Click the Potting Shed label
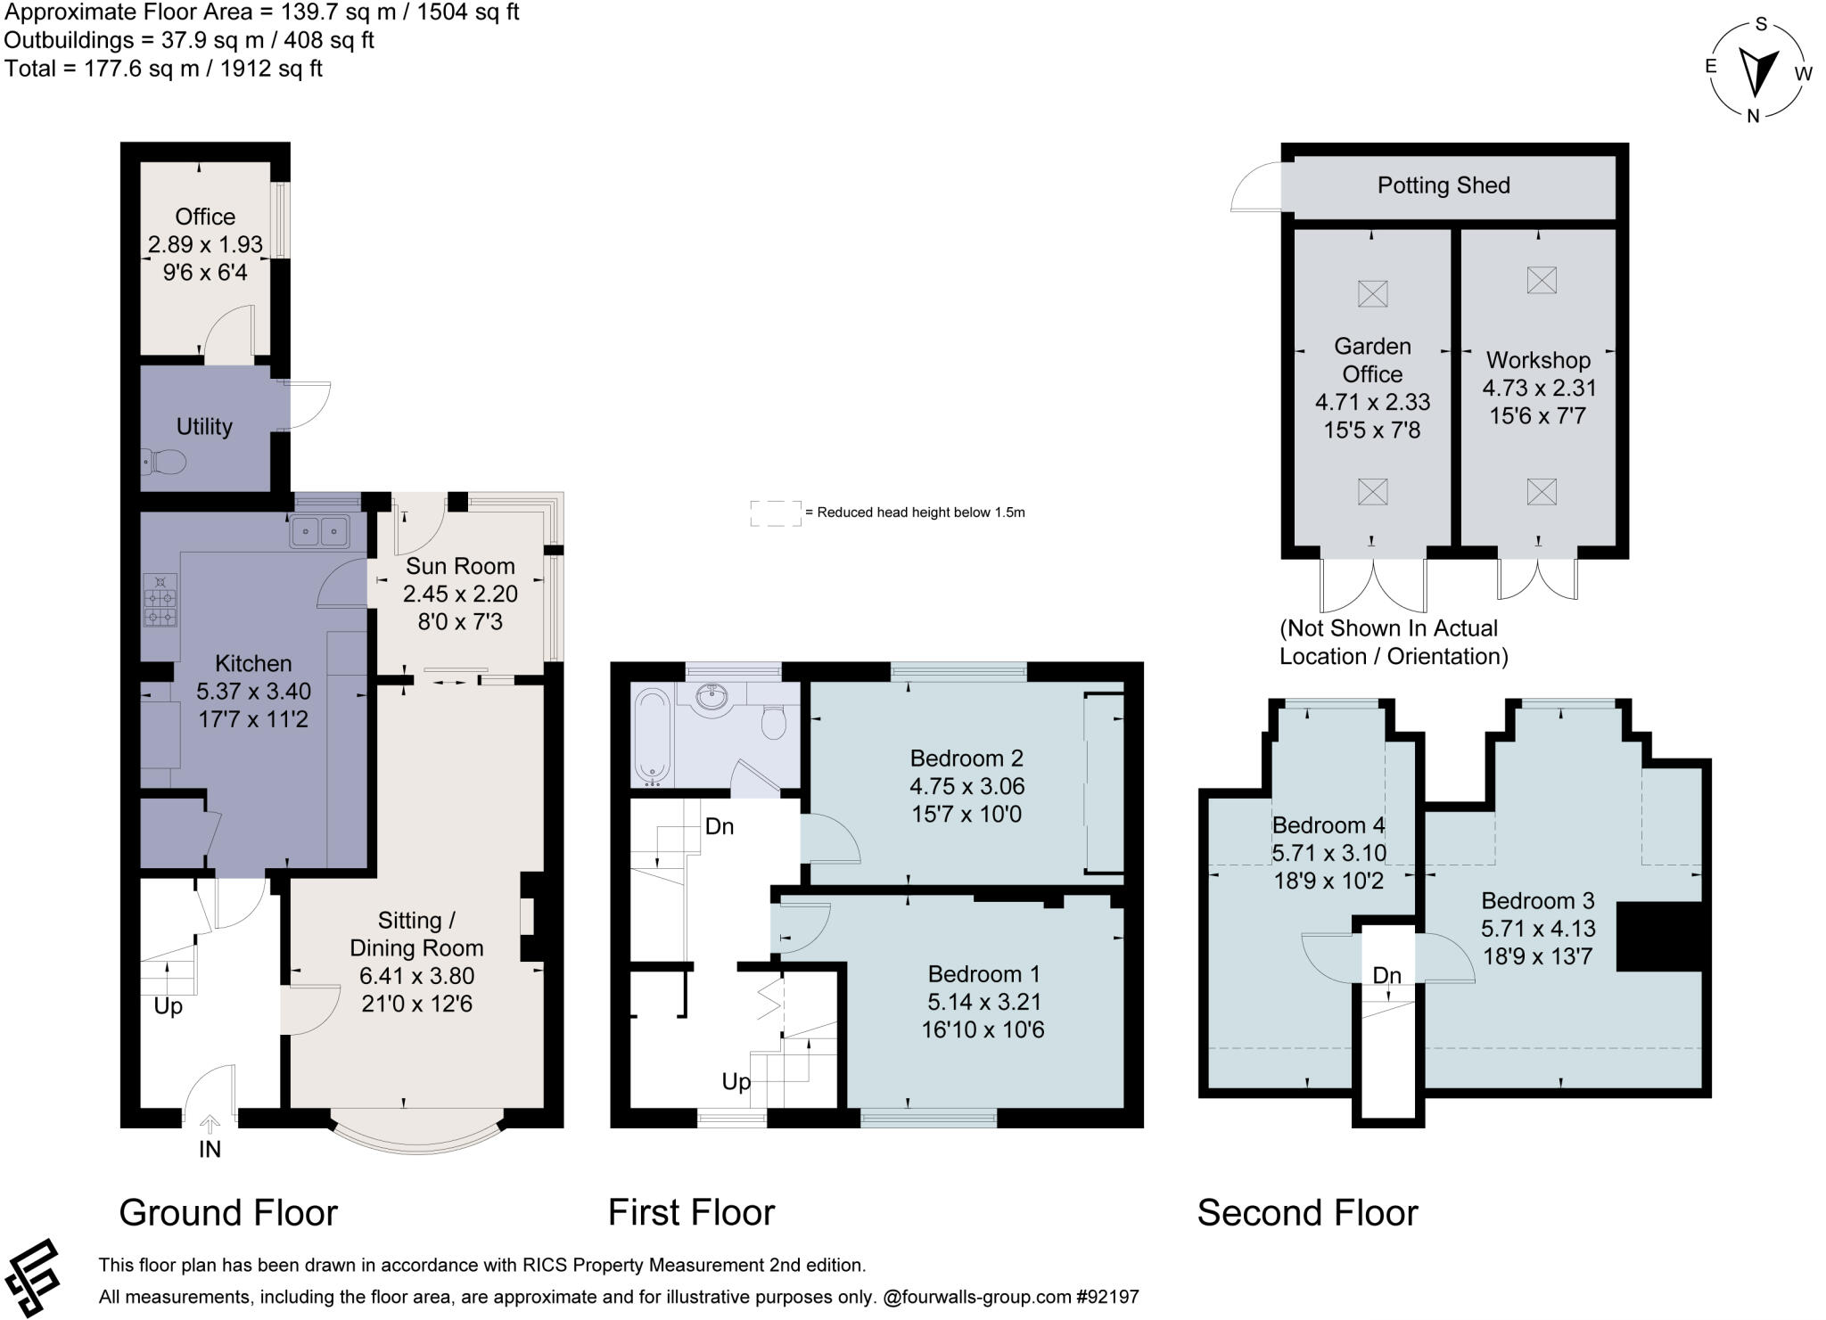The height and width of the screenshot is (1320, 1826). click(x=1444, y=185)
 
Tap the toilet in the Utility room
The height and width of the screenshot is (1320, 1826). click(x=162, y=462)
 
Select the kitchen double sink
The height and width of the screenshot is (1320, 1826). click(x=319, y=531)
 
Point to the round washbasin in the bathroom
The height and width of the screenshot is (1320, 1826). click(x=711, y=698)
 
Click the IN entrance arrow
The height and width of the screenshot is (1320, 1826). click(x=210, y=1126)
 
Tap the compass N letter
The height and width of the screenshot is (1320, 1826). click(x=1753, y=115)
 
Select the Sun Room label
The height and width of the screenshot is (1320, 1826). click(x=460, y=566)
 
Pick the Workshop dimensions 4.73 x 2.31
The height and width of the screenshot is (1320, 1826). click(x=1539, y=388)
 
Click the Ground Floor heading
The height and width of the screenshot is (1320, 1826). click(x=228, y=1213)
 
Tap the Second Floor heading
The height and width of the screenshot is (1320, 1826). click(x=1307, y=1213)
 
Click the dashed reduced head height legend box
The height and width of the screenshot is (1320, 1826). click(x=775, y=513)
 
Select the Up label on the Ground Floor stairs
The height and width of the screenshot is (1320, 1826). click(x=168, y=1006)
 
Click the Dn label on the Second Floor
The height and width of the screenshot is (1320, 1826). click(x=1386, y=976)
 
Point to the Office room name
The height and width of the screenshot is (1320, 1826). click(x=205, y=217)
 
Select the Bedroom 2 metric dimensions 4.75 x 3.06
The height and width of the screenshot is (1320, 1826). click(x=966, y=786)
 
